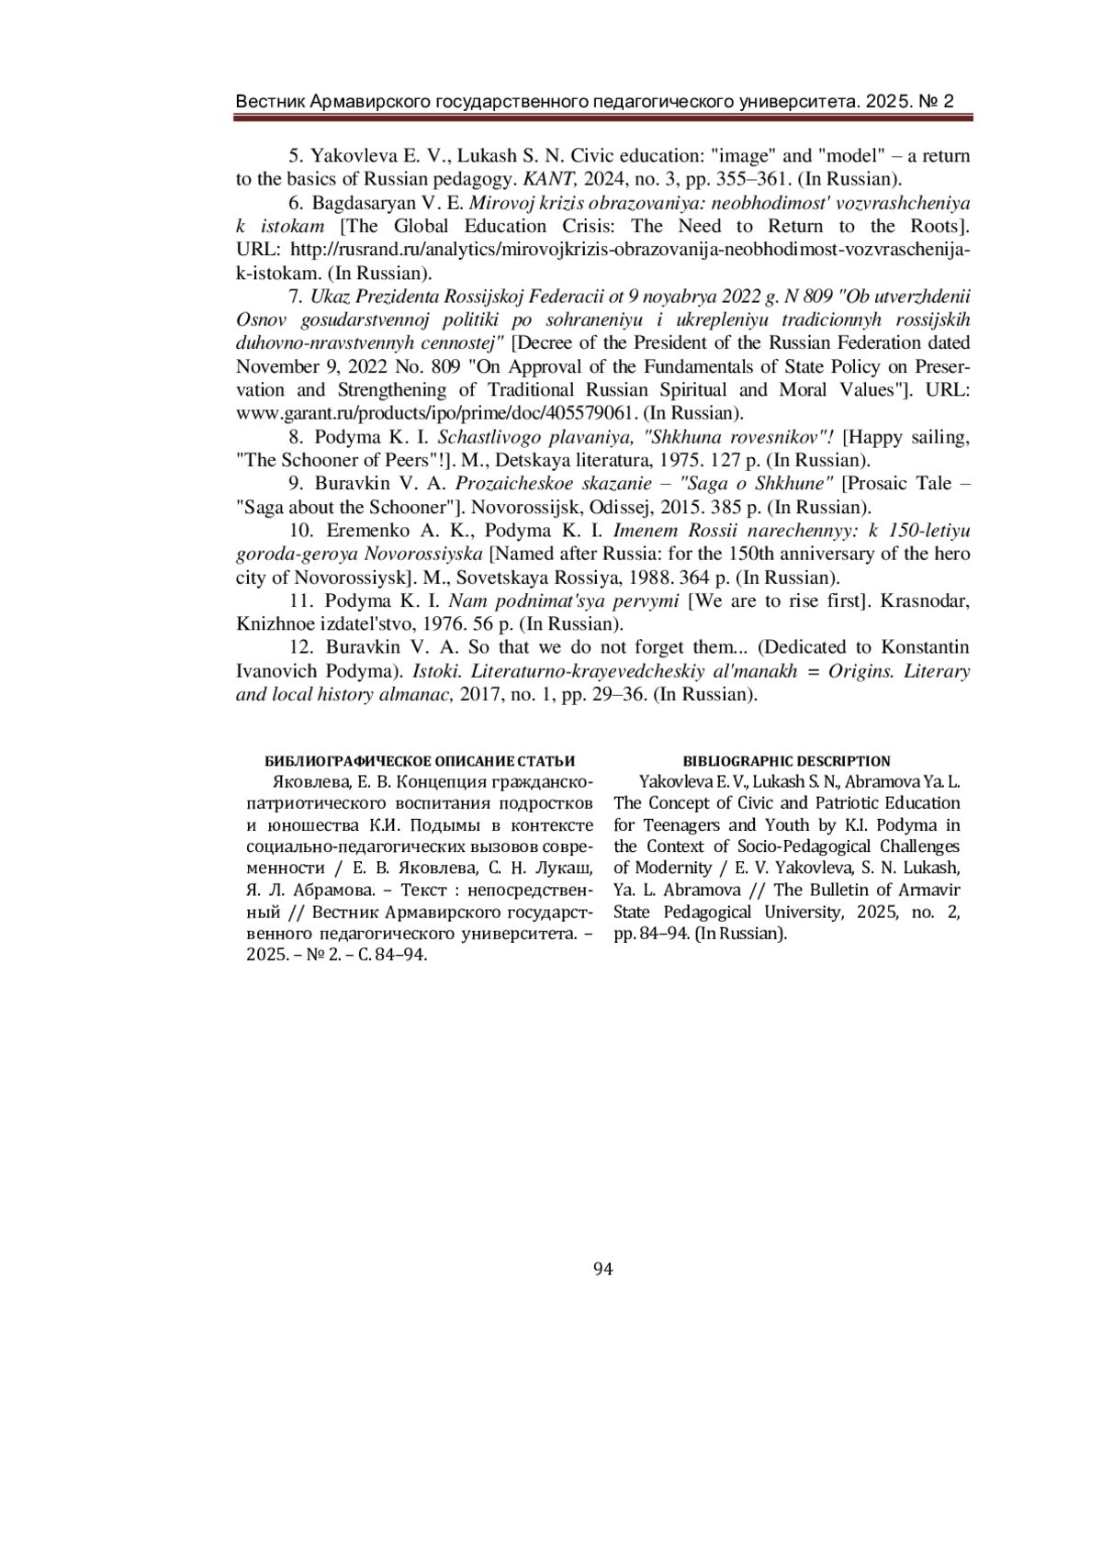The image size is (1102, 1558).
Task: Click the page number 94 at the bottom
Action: [602, 1270]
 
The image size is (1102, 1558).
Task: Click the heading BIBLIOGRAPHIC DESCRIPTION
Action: [786, 761]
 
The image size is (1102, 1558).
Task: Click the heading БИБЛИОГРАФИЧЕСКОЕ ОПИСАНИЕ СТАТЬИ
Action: [420, 761]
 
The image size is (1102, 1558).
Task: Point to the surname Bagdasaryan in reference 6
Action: [365, 203]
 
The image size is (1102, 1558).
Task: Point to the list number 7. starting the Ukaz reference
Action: [296, 297]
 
